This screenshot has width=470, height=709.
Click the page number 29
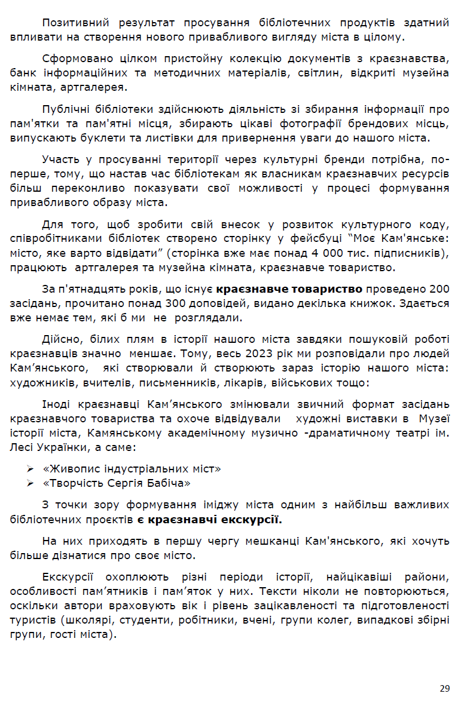point(444,689)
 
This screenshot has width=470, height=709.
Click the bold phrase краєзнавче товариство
point(289,289)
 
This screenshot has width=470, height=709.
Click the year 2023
point(179,354)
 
